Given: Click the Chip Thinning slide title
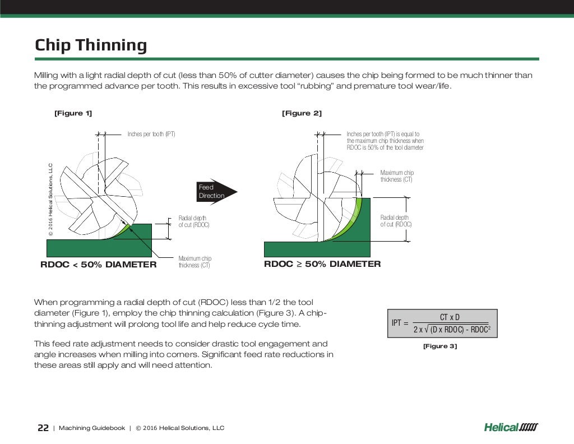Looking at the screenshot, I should (91, 45).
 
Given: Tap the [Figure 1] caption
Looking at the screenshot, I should (73, 113).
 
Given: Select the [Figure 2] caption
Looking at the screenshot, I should (302, 113).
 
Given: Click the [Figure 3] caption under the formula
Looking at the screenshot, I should (440, 346).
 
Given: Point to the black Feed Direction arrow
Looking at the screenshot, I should (216, 192).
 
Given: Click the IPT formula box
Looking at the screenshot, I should (442, 323).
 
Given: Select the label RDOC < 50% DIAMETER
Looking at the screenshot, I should (99, 265).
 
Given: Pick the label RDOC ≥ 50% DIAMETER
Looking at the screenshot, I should (322, 264).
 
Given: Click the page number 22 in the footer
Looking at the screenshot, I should (43, 428).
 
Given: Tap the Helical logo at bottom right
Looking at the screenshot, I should (511, 428).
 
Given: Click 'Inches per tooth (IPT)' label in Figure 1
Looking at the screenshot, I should (151, 134).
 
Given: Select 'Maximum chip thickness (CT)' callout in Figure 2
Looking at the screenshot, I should (397, 176).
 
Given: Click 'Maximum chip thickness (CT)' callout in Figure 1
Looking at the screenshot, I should (195, 262).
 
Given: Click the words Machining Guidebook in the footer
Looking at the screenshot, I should (92, 428).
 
